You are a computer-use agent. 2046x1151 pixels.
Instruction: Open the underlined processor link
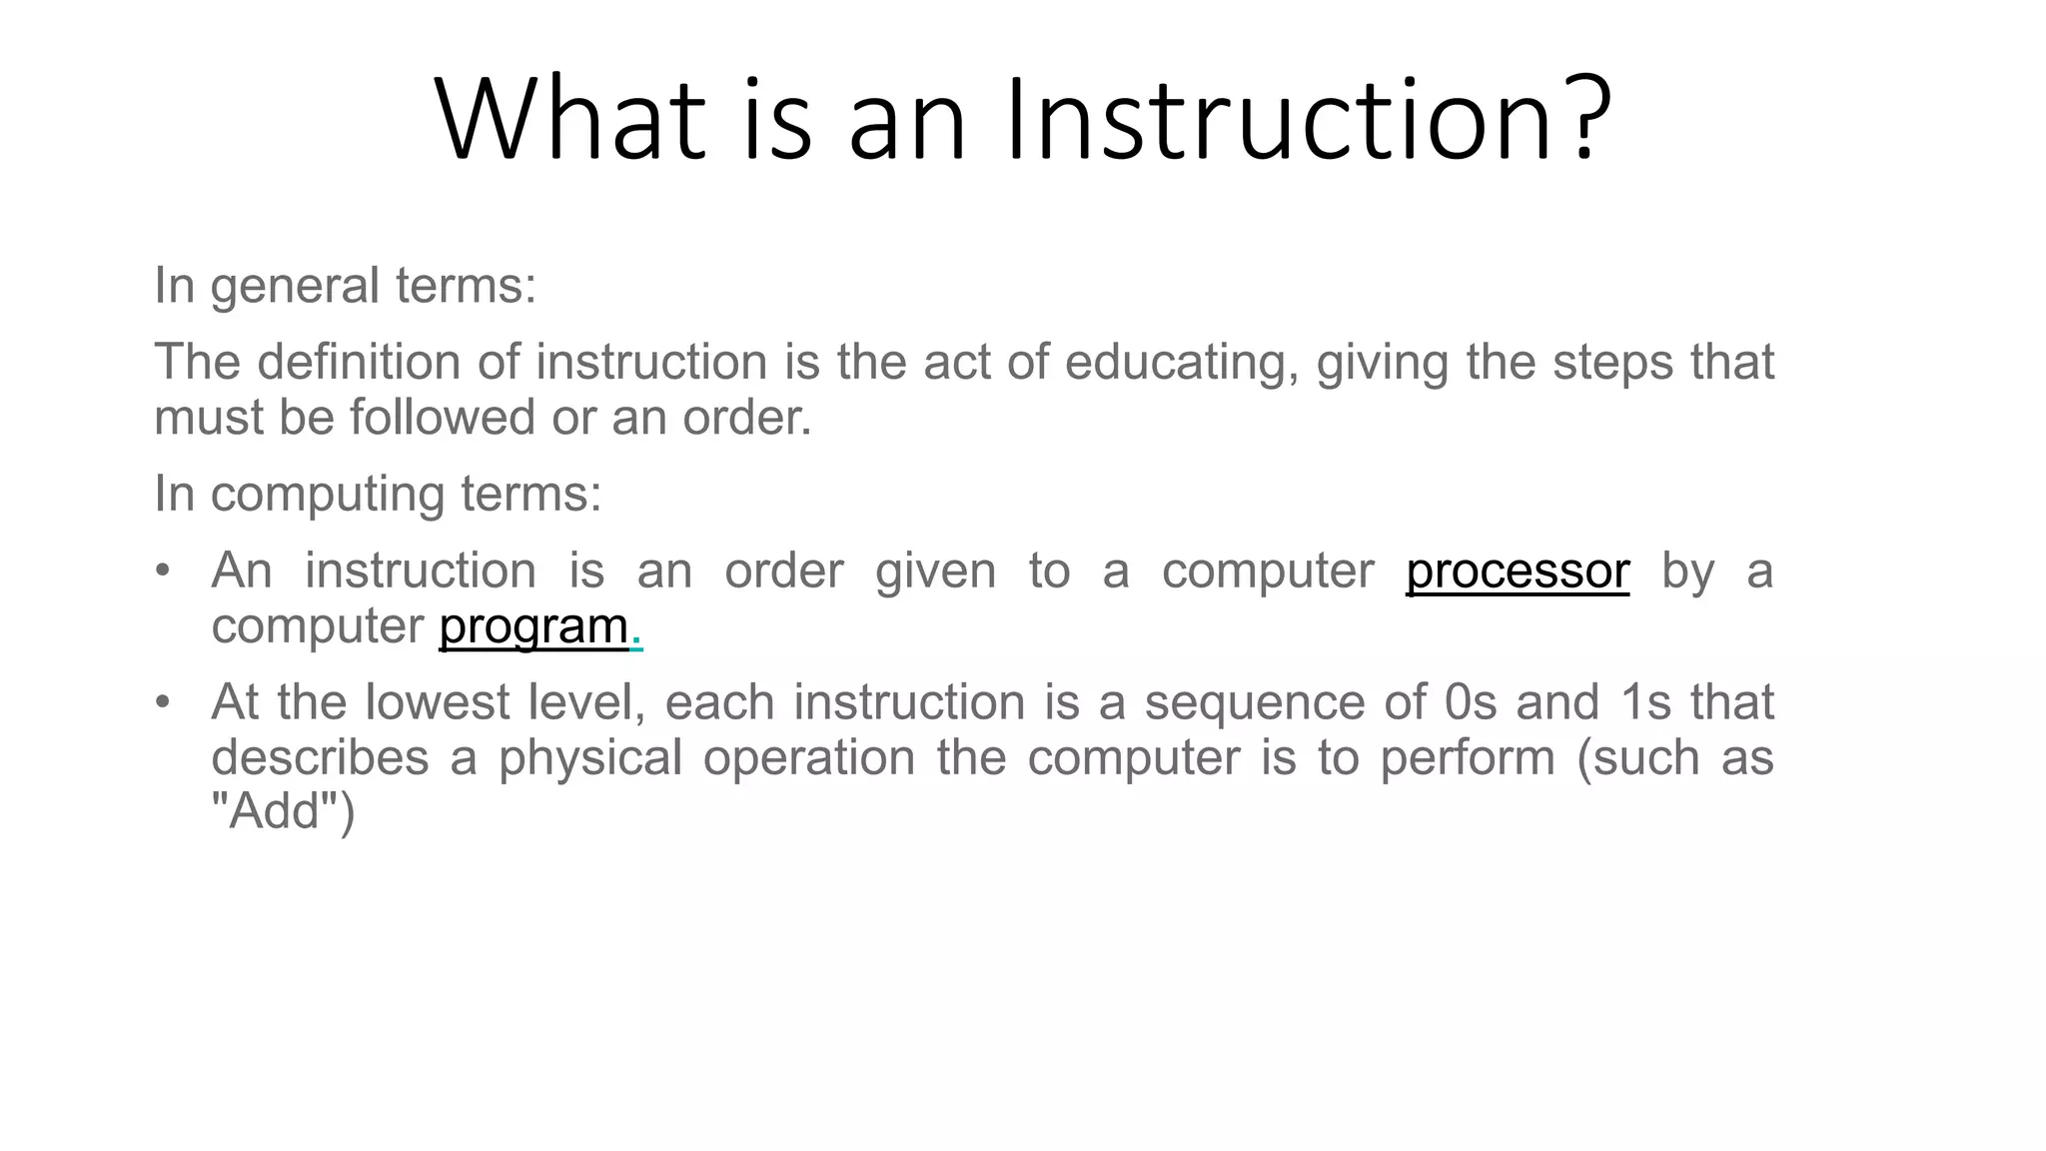tap(1518, 572)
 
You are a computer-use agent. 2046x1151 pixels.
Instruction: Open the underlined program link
tap(533, 626)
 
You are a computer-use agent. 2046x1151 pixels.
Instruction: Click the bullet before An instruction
tap(163, 572)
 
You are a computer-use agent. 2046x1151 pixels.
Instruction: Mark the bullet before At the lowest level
tap(163, 702)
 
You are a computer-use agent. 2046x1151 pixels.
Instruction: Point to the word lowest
tap(438, 702)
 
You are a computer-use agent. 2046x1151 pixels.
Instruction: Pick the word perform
tap(1468, 758)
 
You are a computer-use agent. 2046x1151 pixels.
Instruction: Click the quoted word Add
tap(275, 811)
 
